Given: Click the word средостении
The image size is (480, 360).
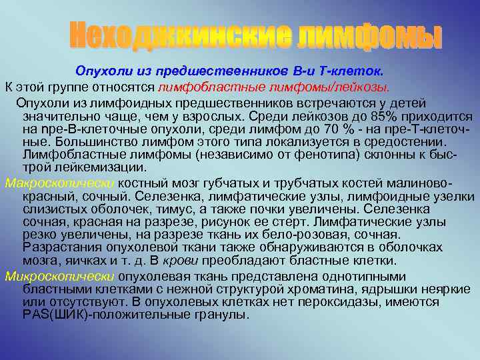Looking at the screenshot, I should point(411,141).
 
